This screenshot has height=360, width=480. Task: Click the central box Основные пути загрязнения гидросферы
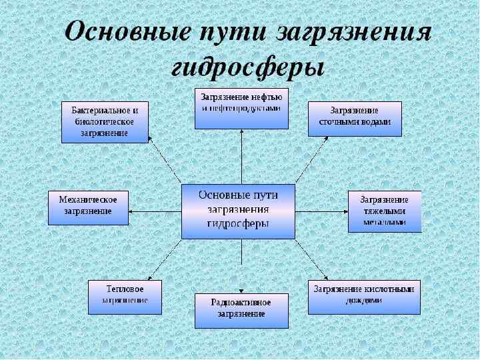point(238,211)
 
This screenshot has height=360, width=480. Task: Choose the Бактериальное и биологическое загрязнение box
point(105,122)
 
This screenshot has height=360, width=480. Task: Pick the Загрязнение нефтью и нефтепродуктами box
point(241,107)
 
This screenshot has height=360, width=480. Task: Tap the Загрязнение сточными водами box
point(355,119)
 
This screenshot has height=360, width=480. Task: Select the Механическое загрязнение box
point(88,207)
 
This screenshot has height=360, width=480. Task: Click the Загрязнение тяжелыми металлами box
point(385,211)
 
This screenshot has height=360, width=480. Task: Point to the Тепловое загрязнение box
point(125,297)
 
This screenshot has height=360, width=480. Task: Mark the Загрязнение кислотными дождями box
point(364,297)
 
